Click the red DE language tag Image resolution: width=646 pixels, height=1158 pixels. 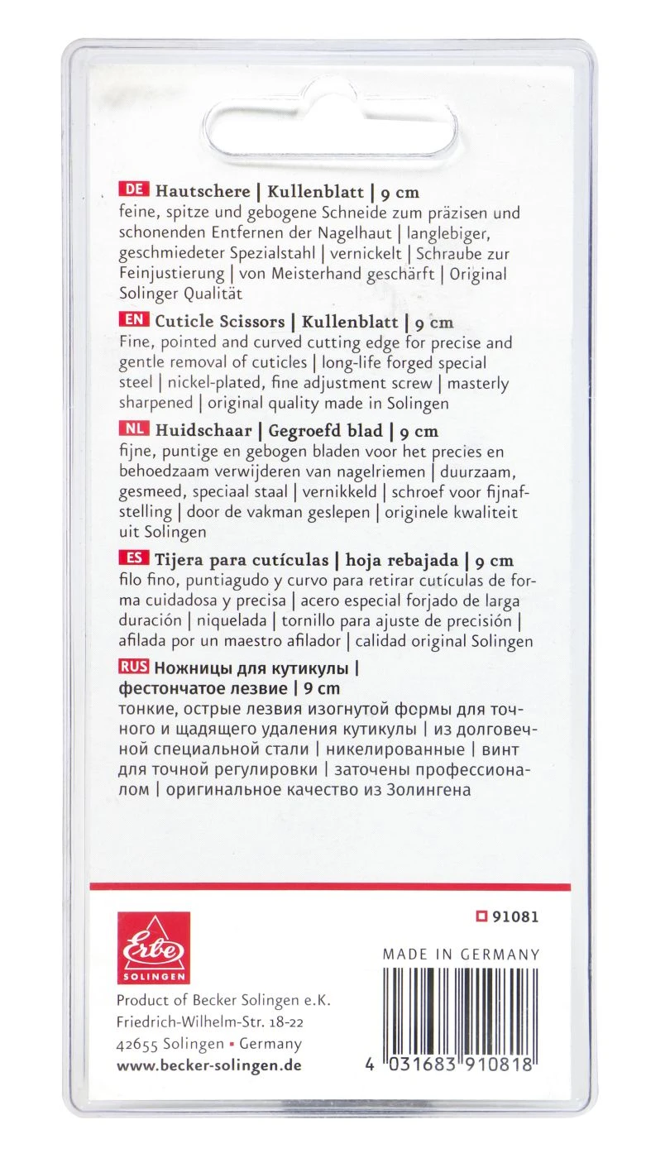coord(132,193)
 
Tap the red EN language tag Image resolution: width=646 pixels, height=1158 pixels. coord(132,322)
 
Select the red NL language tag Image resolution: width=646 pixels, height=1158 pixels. coord(132,430)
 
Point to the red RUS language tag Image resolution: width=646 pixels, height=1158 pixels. coord(134,667)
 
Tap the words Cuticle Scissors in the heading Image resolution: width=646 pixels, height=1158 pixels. coord(220,322)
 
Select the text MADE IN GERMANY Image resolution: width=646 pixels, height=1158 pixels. coord(461,955)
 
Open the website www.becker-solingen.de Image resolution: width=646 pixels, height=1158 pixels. coord(208,1065)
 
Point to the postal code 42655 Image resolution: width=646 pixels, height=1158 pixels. coord(137,1044)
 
